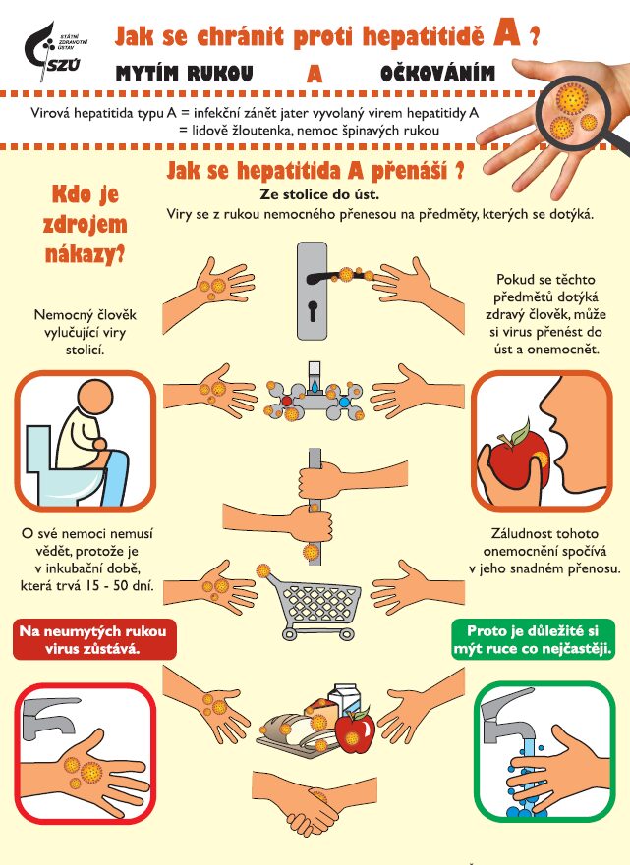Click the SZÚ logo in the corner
click(54, 52)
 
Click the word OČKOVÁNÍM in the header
click(437, 74)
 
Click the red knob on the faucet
click(286, 401)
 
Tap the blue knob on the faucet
click(344, 403)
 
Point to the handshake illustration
click(311, 801)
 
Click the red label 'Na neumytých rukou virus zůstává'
click(94, 639)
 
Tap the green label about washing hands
click(533, 639)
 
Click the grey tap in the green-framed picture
click(505, 715)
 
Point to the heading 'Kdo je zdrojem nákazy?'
click(86, 224)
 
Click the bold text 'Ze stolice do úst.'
click(319, 194)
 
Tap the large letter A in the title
click(508, 33)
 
